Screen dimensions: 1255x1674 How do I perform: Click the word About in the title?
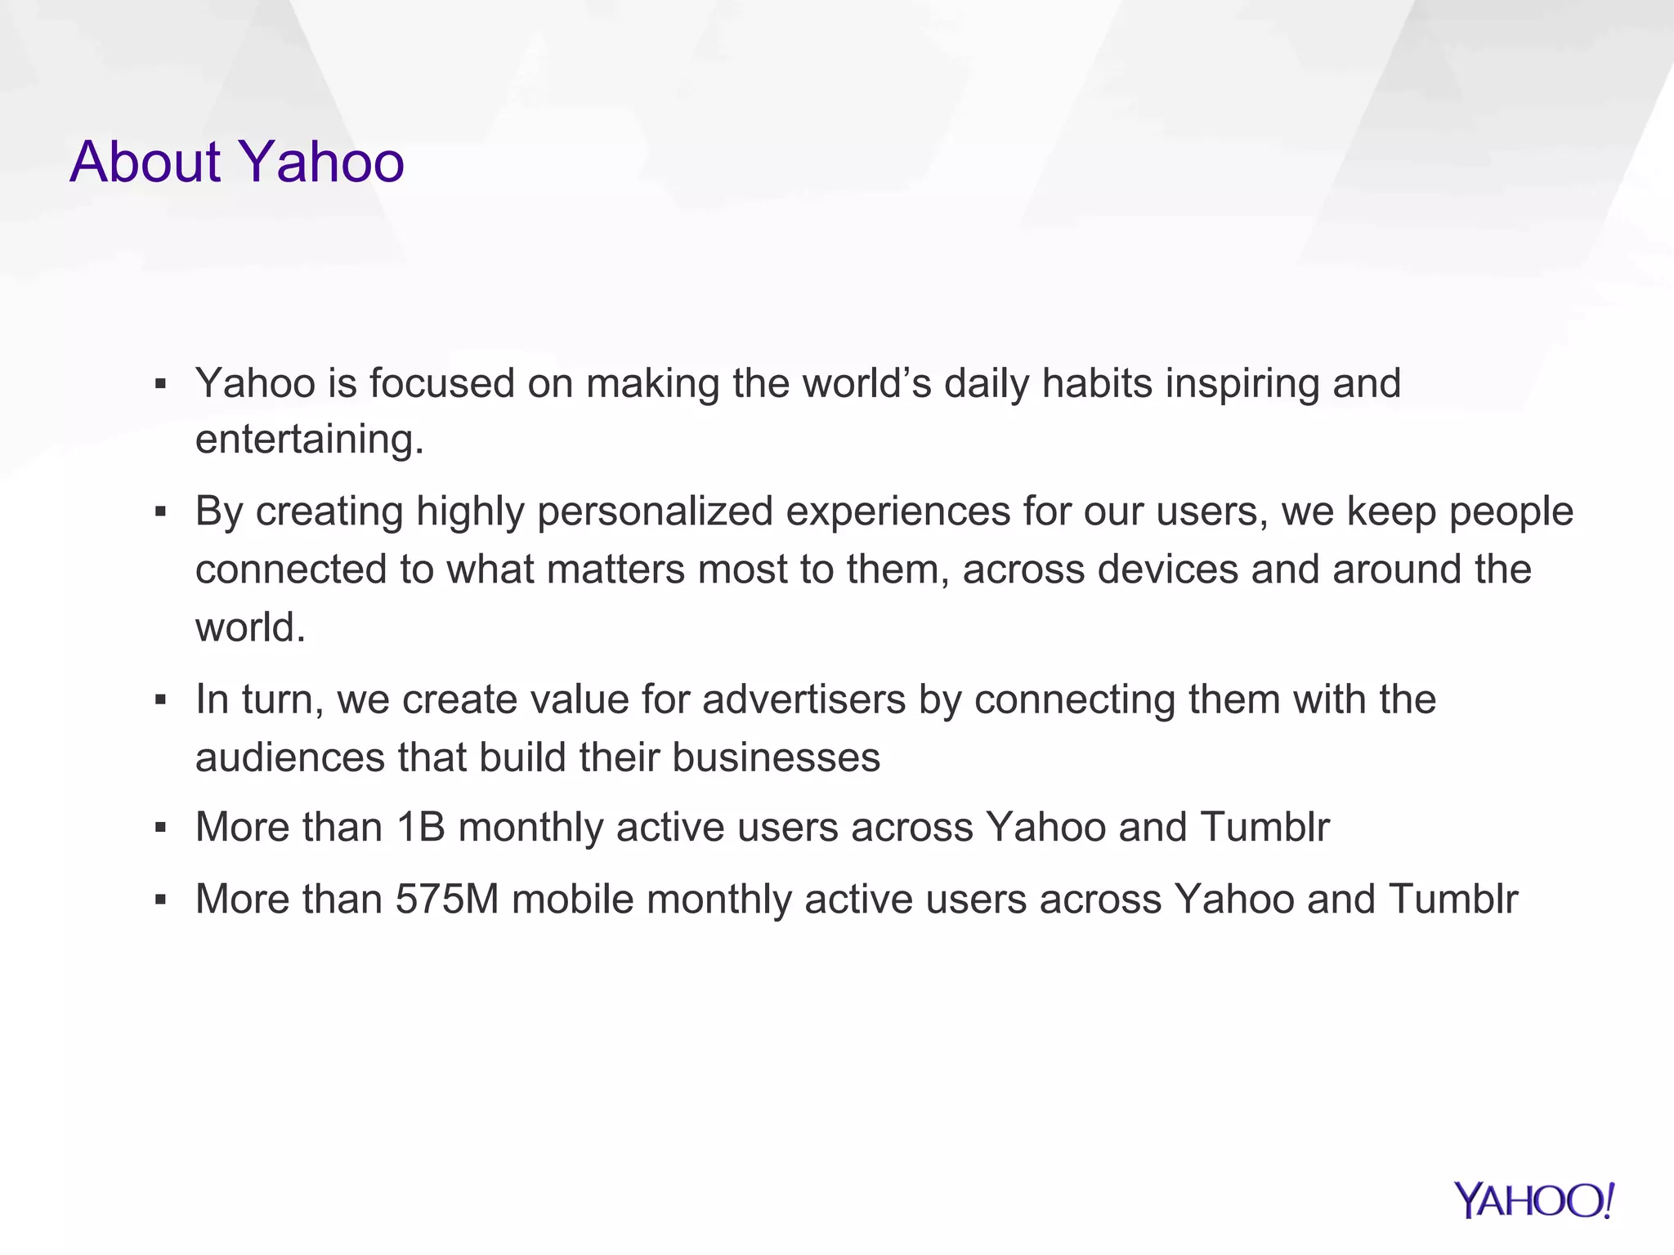click(x=145, y=162)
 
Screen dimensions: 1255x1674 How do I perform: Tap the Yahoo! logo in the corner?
click(x=1533, y=1200)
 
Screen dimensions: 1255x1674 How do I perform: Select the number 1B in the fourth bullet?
click(x=420, y=827)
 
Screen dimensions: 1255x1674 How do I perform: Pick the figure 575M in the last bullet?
click(x=447, y=899)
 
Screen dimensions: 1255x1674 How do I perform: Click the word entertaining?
click(x=309, y=440)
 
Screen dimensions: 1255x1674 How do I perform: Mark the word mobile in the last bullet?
click(x=572, y=899)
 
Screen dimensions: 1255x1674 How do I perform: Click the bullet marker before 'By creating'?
click(x=160, y=513)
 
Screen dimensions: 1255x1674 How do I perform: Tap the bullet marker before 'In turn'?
click(x=160, y=700)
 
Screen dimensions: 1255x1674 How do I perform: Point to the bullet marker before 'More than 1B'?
click(x=160, y=828)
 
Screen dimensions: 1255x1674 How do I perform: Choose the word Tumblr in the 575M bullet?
click(x=1452, y=899)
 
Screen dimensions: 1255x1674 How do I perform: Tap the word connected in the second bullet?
click(x=291, y=569)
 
